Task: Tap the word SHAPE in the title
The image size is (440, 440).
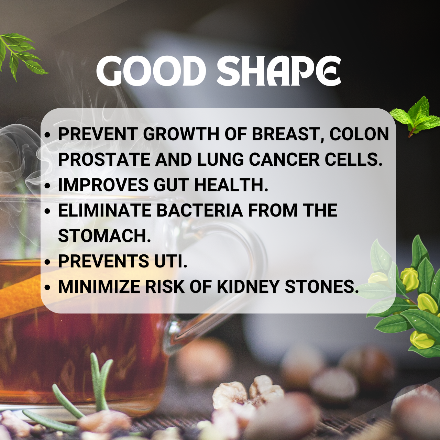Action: tap(279, 71)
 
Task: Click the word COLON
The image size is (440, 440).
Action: tap(359, 134)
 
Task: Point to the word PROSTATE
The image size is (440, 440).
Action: tap(104, 159)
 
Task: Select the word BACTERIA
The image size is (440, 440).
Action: tap(199, 210)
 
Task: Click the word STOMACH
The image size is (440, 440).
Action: tap(104, 235)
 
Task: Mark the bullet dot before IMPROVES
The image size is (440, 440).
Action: tap(47, 185)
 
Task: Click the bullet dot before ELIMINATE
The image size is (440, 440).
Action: tap(47, 211)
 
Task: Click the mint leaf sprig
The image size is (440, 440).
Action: tap(415, 117)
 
